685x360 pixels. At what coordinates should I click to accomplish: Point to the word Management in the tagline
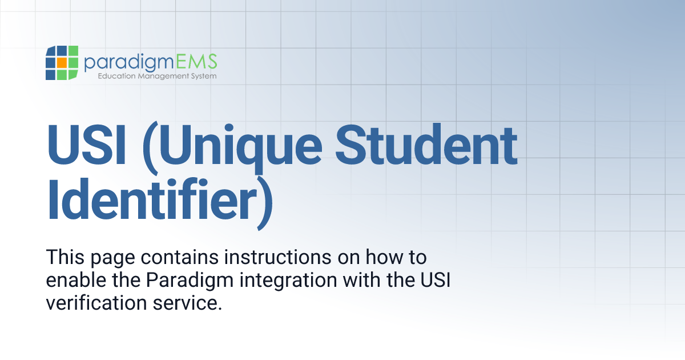coord(158,76)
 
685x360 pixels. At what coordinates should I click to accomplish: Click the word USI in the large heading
coord(88,145)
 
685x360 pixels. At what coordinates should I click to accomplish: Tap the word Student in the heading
coord(426,145)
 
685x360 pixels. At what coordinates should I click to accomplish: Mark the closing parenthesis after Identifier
coord(261,203)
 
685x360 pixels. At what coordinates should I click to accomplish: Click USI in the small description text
coord(435,281)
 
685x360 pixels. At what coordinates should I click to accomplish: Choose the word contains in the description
coord(182,258)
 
